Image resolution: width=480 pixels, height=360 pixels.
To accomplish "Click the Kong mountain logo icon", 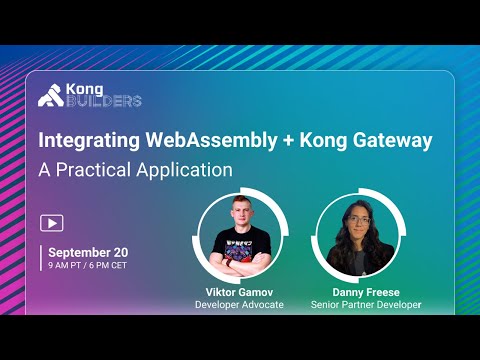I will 50,96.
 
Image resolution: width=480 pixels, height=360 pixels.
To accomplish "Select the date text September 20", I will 87,252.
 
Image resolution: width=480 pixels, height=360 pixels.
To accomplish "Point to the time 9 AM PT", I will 67,266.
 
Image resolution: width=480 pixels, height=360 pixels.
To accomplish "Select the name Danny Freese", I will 357,291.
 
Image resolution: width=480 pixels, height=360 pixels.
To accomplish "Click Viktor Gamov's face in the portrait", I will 236,219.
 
